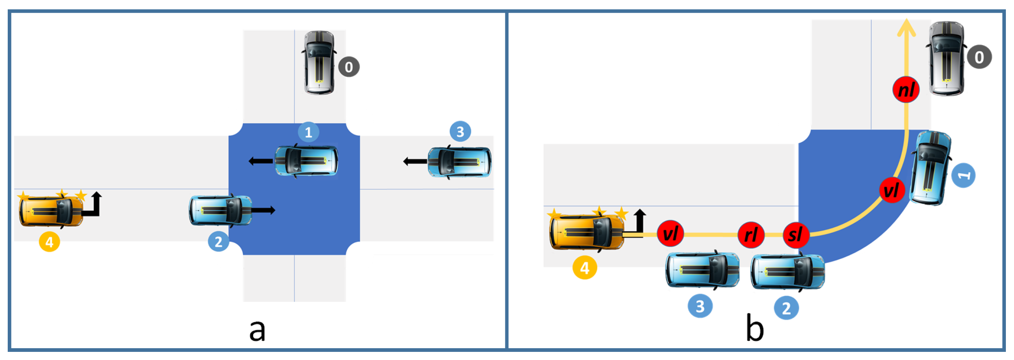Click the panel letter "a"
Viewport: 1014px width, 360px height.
[257, 330]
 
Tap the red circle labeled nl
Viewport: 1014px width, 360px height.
[906, 89]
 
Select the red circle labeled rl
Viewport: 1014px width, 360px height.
[751, 235]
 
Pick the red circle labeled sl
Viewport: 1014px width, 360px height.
[796, 235]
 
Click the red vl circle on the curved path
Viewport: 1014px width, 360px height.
[891, 190]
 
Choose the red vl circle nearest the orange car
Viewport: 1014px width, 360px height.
[670, 234]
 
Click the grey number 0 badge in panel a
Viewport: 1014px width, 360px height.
[349, 67]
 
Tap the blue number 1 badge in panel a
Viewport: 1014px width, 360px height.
[308, 132]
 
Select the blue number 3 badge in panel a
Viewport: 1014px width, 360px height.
[460, 132]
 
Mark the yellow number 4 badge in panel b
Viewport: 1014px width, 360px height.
[585, 268]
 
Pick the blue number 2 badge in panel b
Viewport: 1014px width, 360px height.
[786, 308]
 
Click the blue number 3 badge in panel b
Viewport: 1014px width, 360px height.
[700, 306]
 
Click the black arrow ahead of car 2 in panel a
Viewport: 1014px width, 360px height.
[263, 210]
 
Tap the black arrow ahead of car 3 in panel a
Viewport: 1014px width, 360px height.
[415, 161]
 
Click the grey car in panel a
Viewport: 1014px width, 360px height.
[319, 63]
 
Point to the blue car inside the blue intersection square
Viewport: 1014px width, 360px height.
[306, 161]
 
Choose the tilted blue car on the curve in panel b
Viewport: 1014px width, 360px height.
[931, 168]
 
